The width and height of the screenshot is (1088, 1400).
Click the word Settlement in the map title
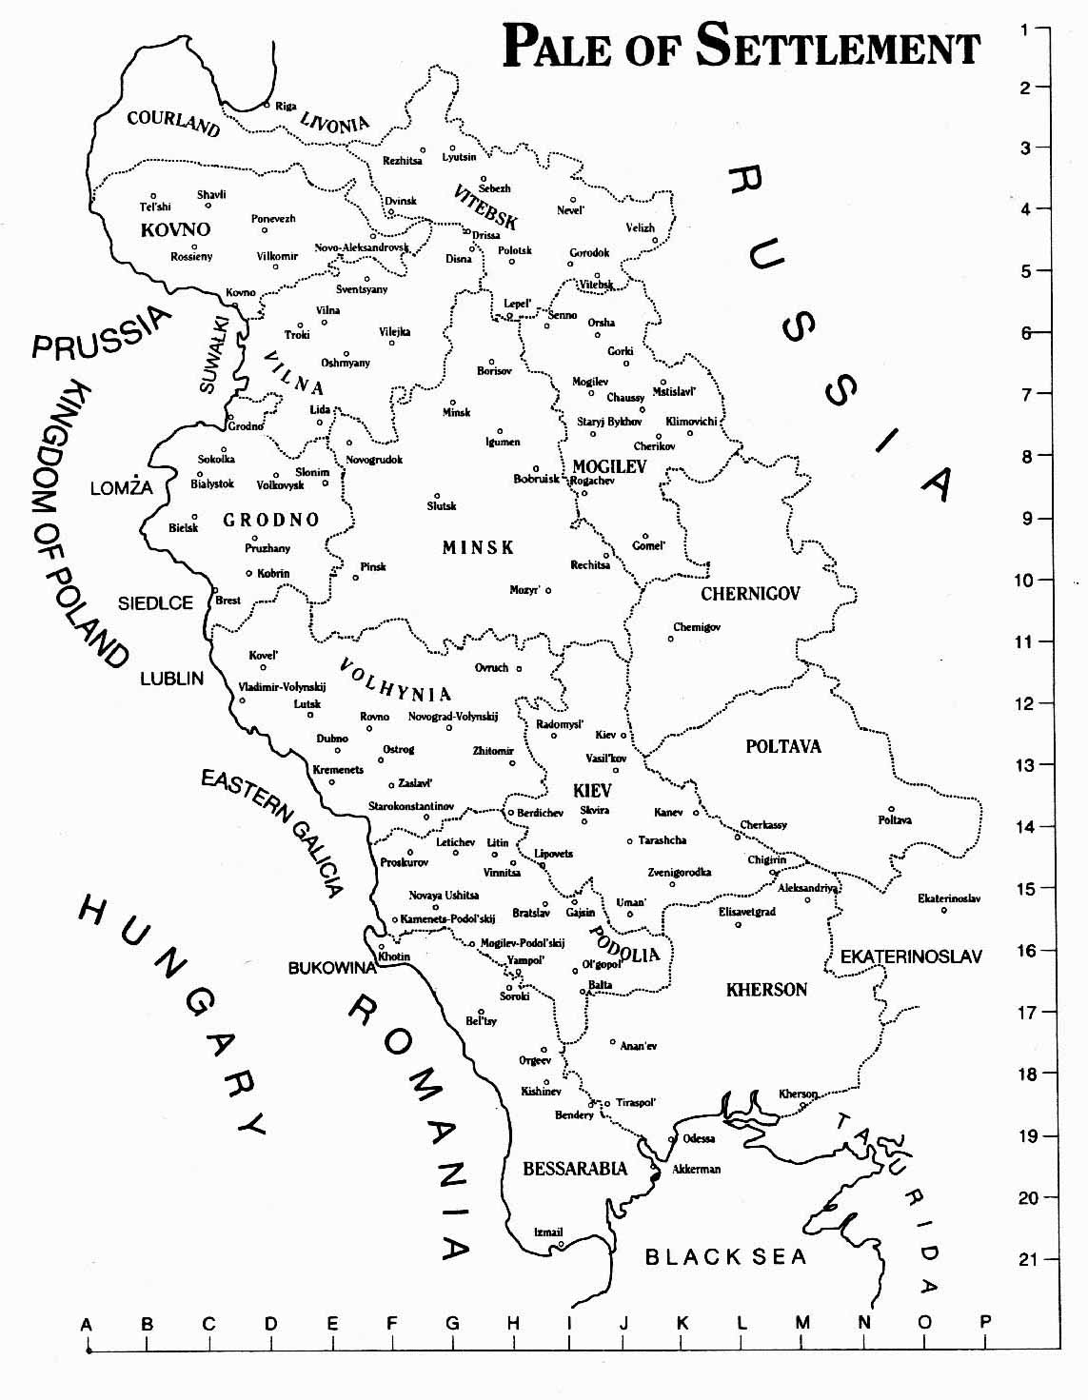click(x=838, y=45)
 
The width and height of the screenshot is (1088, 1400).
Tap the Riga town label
click(x=286, y=106)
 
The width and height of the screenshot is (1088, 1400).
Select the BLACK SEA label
click(x=725, y=1257)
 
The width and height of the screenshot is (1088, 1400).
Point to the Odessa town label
click(x=699, y=1138)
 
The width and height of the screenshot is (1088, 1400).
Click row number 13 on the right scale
click(x=1024, y=764)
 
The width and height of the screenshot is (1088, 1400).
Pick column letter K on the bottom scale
click(x=682, y=1322)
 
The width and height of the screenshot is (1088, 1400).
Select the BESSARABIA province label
click(x=575, y=1168)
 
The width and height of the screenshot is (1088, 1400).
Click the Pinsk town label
click(x=373, y=567)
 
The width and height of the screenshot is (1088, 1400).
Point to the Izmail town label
click(x=548, y=1232)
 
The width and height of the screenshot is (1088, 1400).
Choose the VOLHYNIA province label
click(x=395, y=680)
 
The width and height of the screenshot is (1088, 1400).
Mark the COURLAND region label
click(x=173, y=121)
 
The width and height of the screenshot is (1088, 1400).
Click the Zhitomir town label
click(x=493, y=751)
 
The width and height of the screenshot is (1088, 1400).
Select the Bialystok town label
click(x=211, y=484)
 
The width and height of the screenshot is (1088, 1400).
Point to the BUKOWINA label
click(x=332, y=968)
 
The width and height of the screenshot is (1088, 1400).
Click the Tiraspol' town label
click(x=636, y=1102)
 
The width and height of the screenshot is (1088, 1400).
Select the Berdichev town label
click(x=540, y=813)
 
